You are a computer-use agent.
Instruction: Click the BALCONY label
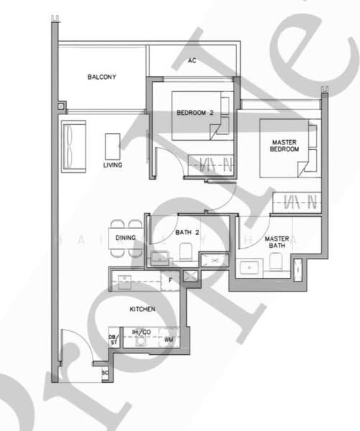(102, 77)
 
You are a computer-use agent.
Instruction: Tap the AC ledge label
(192, 60)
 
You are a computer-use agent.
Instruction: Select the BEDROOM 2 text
(195, 113)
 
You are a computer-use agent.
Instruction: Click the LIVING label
(113, 165)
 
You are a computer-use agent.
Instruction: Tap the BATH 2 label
(187, 232)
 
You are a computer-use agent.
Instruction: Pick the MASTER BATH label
(277, 243)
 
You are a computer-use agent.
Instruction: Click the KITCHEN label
(142, 309)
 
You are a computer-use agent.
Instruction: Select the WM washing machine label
(169, 339)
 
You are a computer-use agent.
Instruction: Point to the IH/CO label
(141, 332)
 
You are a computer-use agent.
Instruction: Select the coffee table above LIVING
(113, 145)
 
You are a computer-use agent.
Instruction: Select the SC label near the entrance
(105, 373)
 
